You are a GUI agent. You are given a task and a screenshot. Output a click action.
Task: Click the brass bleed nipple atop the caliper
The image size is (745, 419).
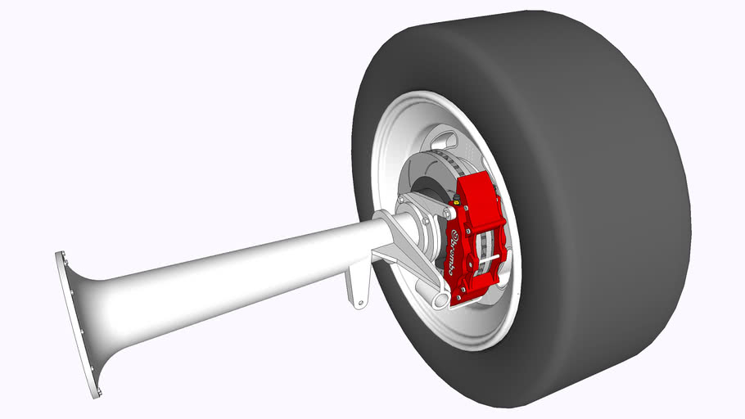(x=453, y=200)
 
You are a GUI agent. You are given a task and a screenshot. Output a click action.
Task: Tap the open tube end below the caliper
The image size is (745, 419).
(x=440, y=301)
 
